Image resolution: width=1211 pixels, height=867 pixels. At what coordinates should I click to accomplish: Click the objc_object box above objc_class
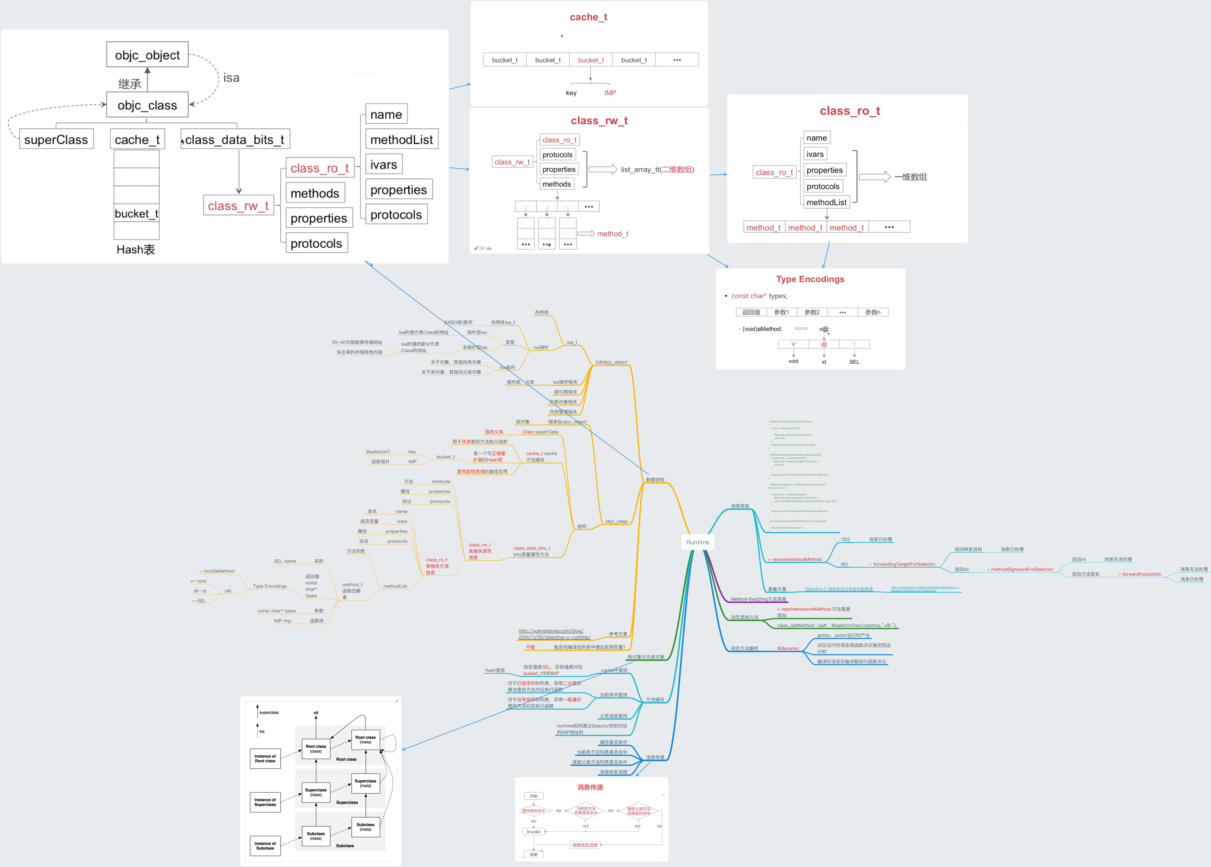click(x=147, y=55)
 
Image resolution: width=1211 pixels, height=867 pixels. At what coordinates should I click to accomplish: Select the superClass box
click(x=56, y=139)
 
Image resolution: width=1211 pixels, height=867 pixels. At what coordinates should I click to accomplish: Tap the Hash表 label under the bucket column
click(x=136, y=249)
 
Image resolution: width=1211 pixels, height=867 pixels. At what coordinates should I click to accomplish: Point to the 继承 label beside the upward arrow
click(x=130, y=84)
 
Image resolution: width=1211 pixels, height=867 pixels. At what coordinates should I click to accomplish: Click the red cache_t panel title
click(x=588, y=17)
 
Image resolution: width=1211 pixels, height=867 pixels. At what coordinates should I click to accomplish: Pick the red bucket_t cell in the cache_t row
click(x=590, y=60)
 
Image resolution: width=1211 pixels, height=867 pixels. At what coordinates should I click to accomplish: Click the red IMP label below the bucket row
click(x=610, y=93)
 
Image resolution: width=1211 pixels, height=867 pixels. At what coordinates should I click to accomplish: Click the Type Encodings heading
click(x=810, y=279)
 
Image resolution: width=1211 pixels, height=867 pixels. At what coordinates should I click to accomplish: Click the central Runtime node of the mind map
click(x=697, y=542)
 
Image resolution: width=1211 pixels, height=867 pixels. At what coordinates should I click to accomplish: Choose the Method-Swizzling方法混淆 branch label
click(x=758, y=599)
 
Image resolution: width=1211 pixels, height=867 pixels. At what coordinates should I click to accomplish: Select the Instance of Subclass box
click(x=265, y=846)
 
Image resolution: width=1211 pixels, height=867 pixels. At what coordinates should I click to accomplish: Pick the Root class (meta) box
click(x=365, y=739)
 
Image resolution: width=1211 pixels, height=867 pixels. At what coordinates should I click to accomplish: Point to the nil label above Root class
click(x=316, y=713)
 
